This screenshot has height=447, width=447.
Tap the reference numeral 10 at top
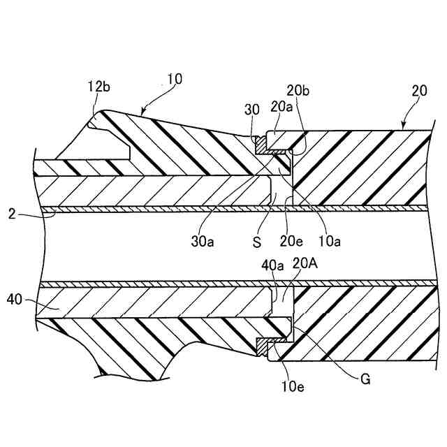[175, 79]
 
